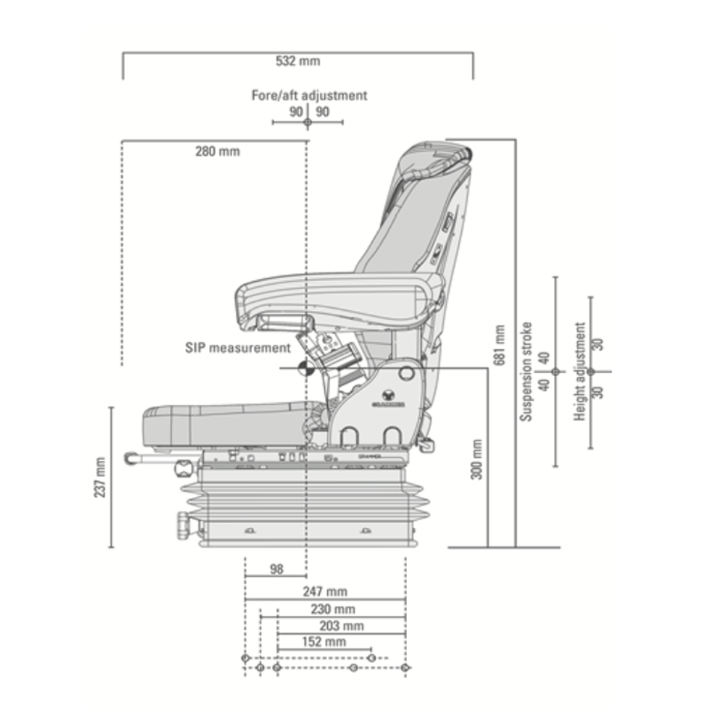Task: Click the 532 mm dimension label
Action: pos(298,62)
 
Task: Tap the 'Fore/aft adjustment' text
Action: pos(308,95)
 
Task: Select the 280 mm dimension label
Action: pos(217,151)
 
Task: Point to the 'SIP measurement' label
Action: pos(238,348)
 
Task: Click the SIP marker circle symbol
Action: pos(306,369)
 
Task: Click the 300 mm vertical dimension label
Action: pos(477,459)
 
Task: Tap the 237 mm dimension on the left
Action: pos(99,477)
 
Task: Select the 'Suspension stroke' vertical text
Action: pos(526,370)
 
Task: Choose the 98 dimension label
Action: pos(276,568)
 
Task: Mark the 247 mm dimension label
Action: pos(324,591)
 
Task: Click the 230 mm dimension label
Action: pos(332,609)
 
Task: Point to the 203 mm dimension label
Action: pos(341,626)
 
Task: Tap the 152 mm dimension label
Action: pos(323,642)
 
